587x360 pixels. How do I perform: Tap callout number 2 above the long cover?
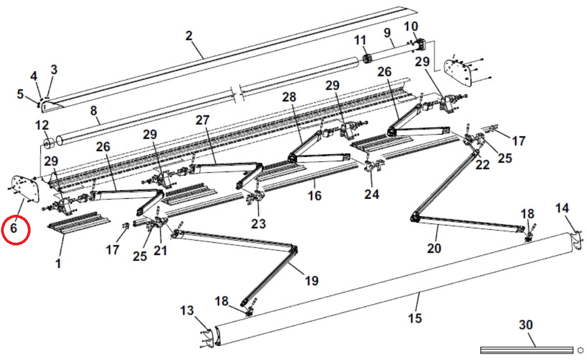(x=189, y=36)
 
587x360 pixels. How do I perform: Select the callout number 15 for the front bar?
(x=414, y=318)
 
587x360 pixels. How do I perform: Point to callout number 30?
(x=526, y=325)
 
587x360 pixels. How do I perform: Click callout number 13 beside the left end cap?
(x=187, y=310)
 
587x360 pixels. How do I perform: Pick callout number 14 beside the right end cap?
(x=562, y=207)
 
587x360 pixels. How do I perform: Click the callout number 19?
(x=311, y=280)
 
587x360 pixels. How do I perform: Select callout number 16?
(x=315, y=196)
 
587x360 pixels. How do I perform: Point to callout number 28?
(x=289, y=96)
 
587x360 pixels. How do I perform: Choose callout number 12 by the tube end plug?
(x=42, y=125)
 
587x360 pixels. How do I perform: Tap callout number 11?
(x=360, y=40)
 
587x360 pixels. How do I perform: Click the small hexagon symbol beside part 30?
(x=580, y=349)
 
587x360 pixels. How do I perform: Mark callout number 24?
(x=371, y=193)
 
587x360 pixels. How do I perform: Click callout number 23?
(x=259, y=223)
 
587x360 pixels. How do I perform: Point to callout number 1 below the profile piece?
(x=58, y=263)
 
